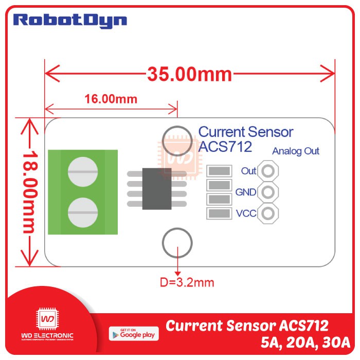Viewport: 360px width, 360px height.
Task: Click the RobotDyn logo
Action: tap(70, 21)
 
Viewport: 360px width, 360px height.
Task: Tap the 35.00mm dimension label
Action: tap(190, 74)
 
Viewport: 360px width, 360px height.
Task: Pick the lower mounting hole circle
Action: tap(177, 243)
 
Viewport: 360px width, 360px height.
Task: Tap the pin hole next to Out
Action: tap(268, 171)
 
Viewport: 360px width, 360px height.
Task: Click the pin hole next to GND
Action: tap(268, 192)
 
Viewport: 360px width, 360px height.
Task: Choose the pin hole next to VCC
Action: tap(268, 213)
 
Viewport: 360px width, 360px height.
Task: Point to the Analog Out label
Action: tap(296, 151)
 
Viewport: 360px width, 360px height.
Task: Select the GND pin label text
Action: tap(246, 192)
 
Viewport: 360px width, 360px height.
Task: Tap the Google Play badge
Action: tap(134, 333)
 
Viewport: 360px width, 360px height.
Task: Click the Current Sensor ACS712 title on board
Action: tap(245, 139)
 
